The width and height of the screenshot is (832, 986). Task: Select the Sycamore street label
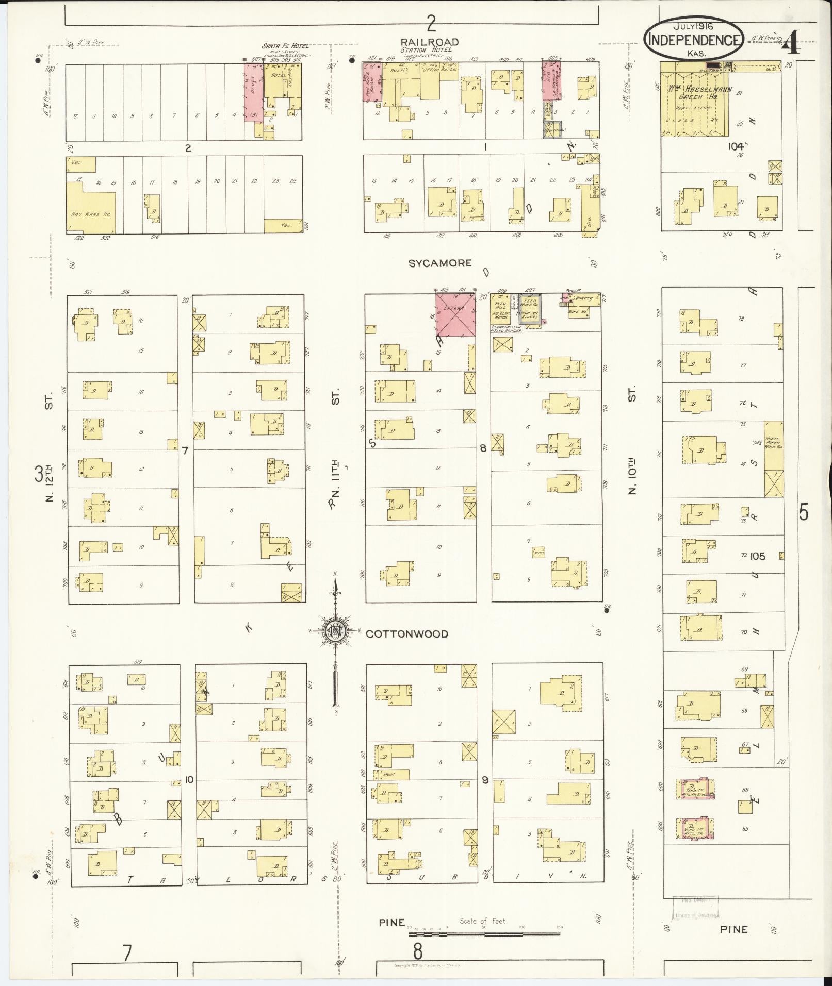439,263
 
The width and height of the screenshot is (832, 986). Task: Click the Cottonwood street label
407,634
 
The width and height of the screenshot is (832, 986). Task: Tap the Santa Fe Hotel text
285,46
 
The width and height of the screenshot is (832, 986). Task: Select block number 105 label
758,556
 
